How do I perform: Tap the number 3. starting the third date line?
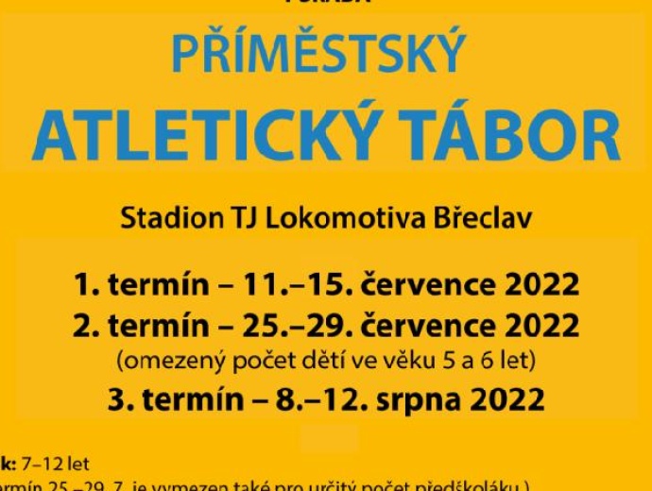[x=119, y=399]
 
